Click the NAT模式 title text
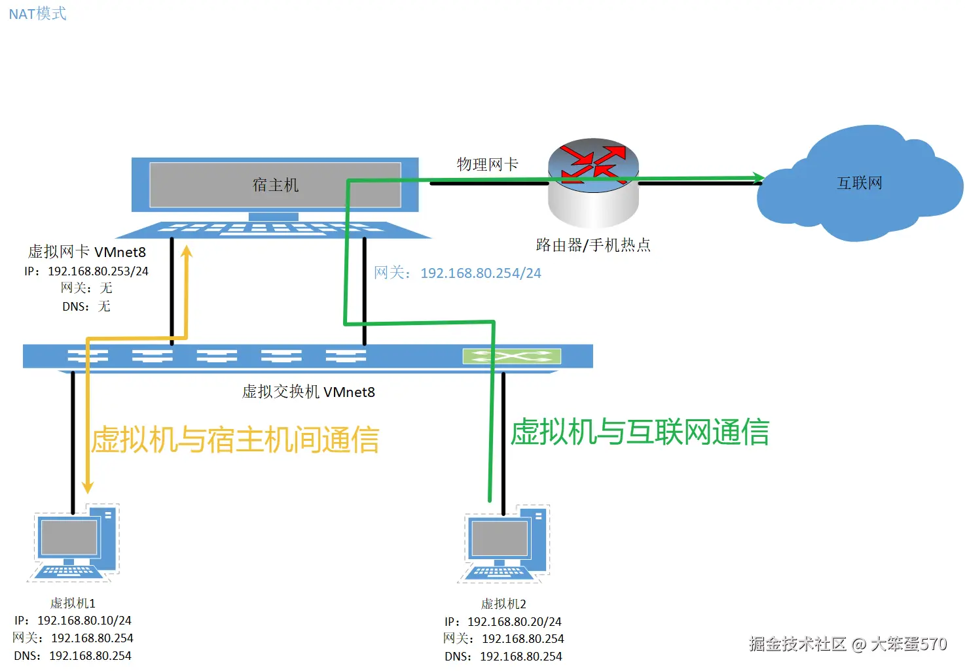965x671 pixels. pyautogui.click(x=37, y=14)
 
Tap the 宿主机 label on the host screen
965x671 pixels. pyautogui.click(x=276, y=185)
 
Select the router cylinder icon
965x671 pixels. pyautogui.click(x=593, y=182)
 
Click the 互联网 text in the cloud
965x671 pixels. pyautogui.click(x=859, y=183)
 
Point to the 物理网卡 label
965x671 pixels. pyautogui.click(x=487, y=164)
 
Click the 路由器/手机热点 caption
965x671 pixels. pyautogui.click(x=592, y=245)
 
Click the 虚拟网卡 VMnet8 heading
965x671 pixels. pyautogui.click(x=87, y=252)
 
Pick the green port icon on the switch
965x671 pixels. pyautogui.click(x=511, y=356)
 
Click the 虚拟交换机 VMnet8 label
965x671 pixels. pyautogui.click(x=308, y=392)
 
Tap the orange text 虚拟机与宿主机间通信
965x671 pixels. pyautogui.click(x=235, y=439)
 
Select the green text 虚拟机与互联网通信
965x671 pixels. pyautogui.click(x=640, y=432)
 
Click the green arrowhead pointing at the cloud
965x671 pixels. pyautogui.click(x=757, y=177)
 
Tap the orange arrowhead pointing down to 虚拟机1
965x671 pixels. pyautogui.click(x=88, y=487)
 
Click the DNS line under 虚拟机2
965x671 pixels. pyautogui.click(x=503, y=656)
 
